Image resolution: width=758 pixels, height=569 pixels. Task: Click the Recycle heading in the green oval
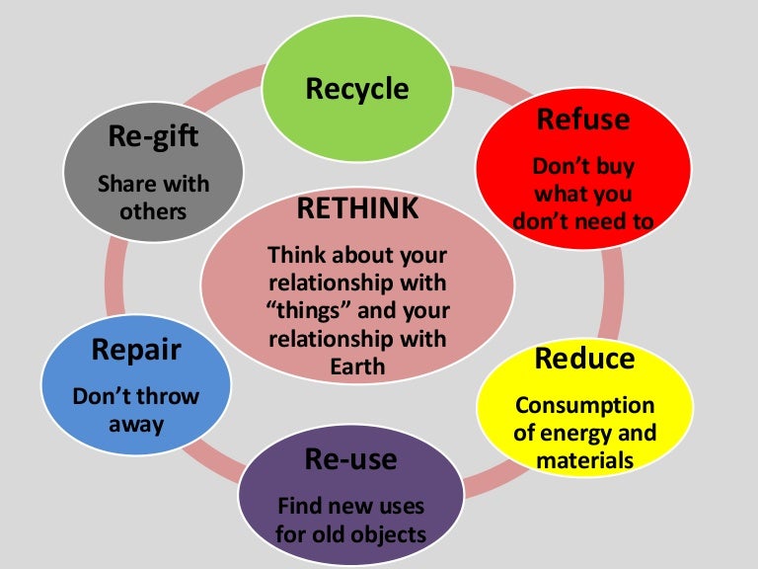point(356,89)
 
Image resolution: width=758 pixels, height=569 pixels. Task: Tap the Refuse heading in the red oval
point(582,120)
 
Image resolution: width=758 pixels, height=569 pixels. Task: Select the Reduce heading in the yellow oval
point(583,358)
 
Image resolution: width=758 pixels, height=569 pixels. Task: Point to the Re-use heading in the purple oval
point(351,459)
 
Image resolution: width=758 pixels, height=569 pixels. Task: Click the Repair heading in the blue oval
point(135,350)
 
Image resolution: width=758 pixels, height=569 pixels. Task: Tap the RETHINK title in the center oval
point(357,209)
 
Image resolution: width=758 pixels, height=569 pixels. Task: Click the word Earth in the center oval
point(357,367)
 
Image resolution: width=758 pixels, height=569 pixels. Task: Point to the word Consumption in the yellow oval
point(583,405)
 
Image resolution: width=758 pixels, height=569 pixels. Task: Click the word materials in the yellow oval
point(583,458)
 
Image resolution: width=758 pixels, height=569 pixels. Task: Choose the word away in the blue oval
point(135,424)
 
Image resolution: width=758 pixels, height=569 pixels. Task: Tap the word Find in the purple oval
point(300,507)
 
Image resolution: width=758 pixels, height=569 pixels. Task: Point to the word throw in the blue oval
point(165,397)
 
